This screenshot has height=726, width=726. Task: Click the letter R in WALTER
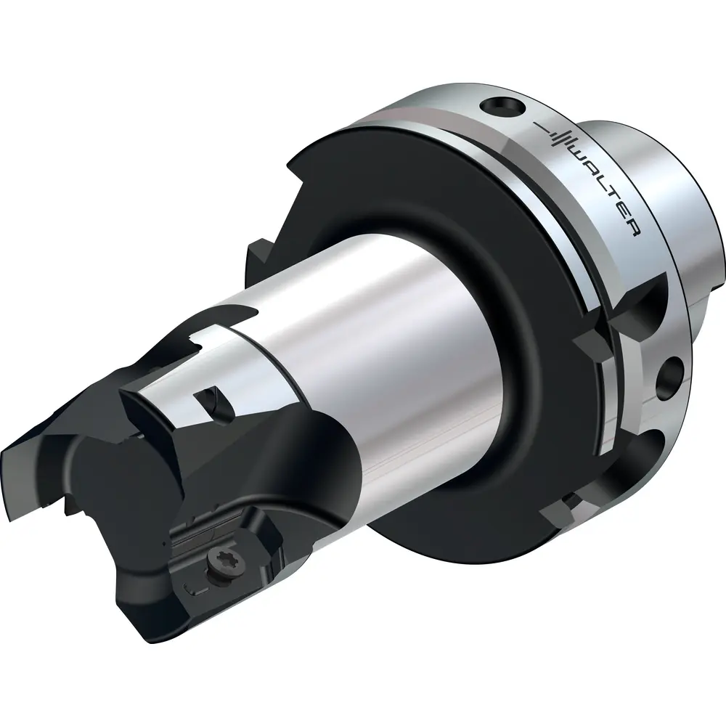[633, 228]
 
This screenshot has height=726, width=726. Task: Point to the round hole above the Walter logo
[502, 106]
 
